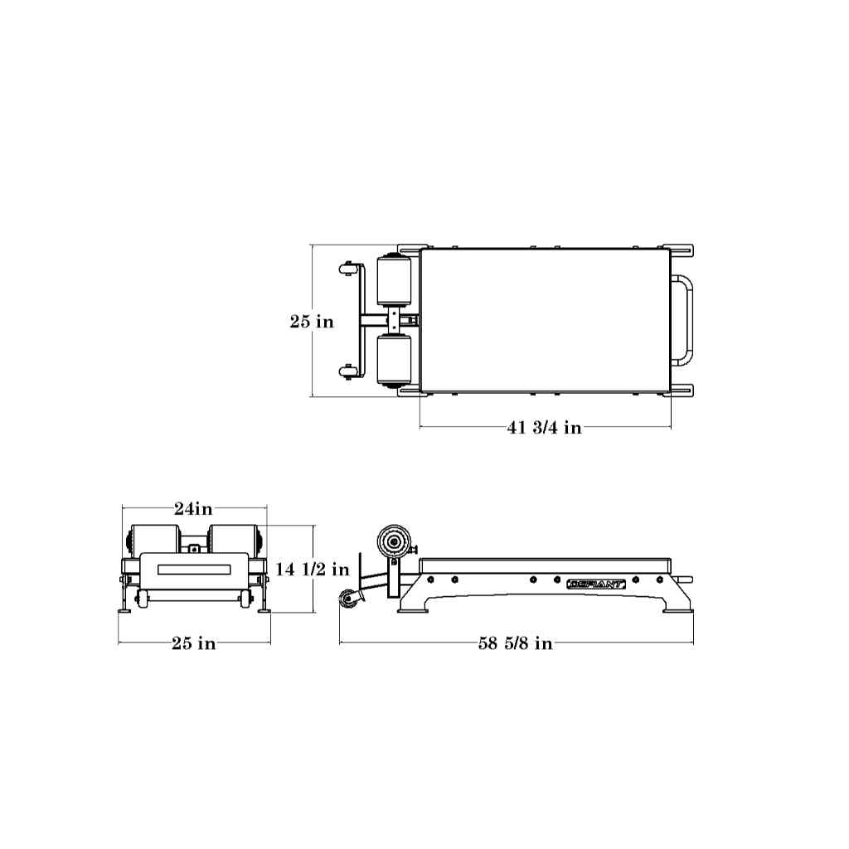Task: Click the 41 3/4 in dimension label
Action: click(x=545, y=428)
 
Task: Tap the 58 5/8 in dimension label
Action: click(x=516, y=643)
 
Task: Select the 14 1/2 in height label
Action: click(x=313, y=569)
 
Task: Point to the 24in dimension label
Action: click(x=193, y=508)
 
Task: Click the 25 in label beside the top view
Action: click(x=312, y=322)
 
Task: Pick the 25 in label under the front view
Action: click(x=194, y=643)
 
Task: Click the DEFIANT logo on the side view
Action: click(x=595, y=585)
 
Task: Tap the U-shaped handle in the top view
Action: click(x=690, y=321)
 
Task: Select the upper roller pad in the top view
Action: click(x=394, y=282)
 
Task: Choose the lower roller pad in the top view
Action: click(x=394, y=360)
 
